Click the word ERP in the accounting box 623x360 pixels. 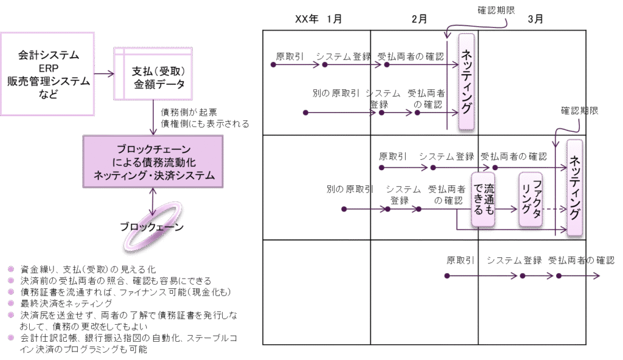point(48,69)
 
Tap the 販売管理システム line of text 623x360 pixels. point(49,81)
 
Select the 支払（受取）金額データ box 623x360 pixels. point(155,77)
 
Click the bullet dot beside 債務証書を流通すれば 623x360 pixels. point(11,292)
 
